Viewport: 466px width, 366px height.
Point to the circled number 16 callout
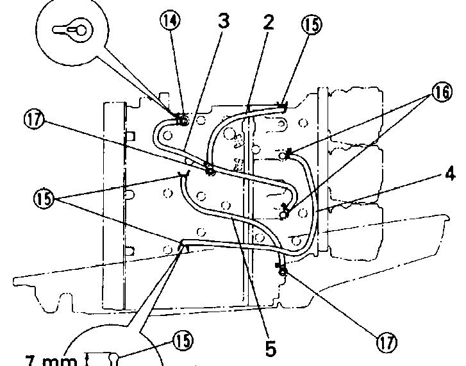coord(440,93)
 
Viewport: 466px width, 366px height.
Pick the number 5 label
coord(271,349)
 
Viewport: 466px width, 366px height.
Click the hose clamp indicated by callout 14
coord(182,119)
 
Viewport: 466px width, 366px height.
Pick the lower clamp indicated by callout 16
coord(285,210)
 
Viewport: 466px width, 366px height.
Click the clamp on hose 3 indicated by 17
coord(209,169)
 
